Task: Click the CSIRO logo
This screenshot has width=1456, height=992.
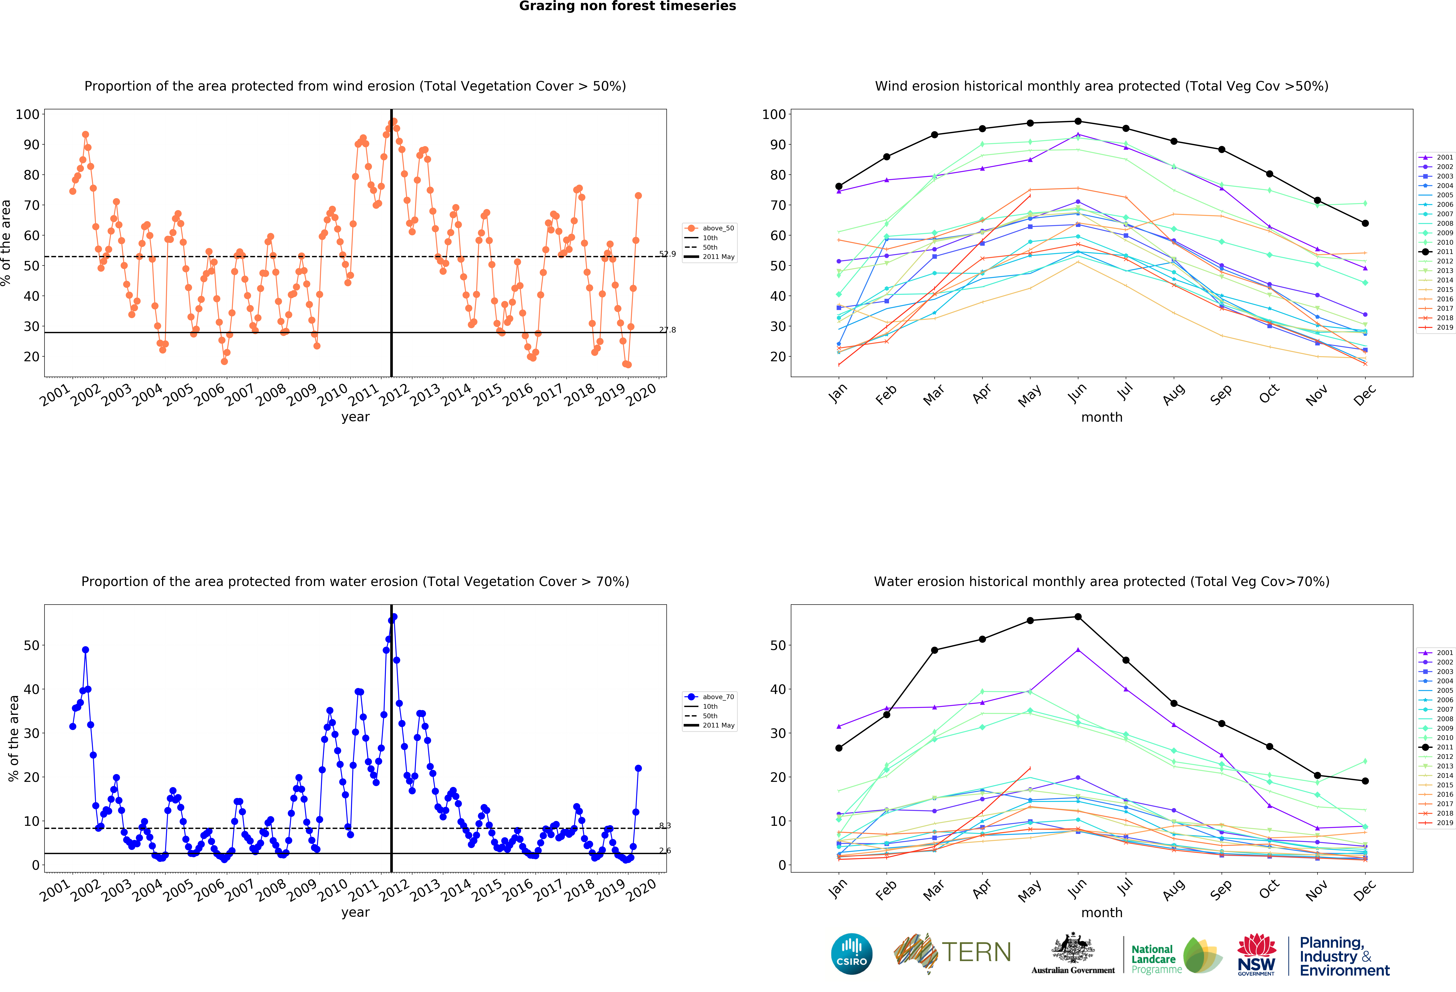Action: (x=851, y=954)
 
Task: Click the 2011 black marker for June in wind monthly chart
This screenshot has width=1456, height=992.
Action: (x=1078, y=121)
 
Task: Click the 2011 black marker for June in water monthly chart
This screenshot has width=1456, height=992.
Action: (x=1078, y=617)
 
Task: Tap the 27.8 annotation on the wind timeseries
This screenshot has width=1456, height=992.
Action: (x=667, y=330)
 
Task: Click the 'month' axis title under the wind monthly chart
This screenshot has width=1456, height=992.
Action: (x=1101, y=417)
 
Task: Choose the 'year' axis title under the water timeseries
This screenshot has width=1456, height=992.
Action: (x=355, y=912)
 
